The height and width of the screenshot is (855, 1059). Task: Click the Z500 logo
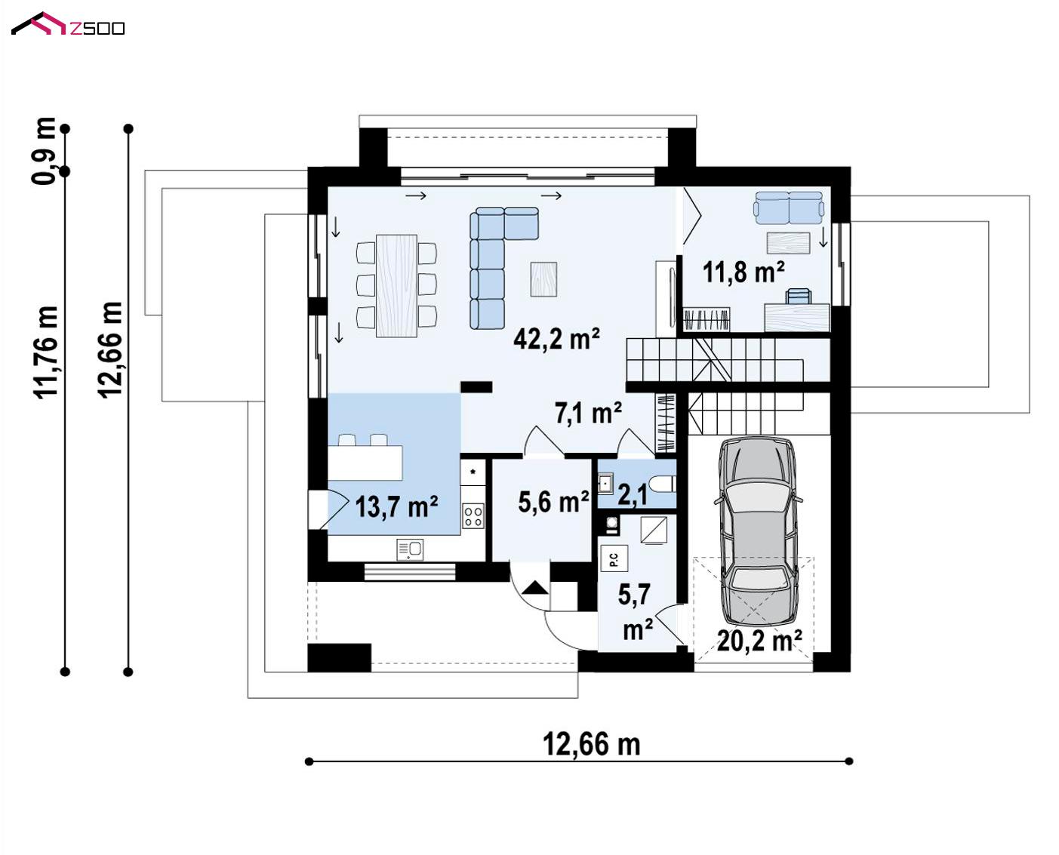(x=68, y=24)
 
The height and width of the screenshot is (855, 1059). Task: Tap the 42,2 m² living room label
(x=556, y=339)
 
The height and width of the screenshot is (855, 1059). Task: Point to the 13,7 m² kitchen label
(x=396, y=506)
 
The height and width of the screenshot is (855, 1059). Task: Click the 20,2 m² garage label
(x=759, y=641)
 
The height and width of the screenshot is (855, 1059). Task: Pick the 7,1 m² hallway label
(x=588, y=413)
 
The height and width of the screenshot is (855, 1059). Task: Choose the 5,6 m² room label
(x=553, y=501)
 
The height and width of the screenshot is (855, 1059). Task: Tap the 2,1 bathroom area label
(x=633, y=495)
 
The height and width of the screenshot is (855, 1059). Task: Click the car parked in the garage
(x=759, y=531)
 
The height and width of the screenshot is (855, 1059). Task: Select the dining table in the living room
(x=396, y=286)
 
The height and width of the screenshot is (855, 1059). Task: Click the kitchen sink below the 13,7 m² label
(x=410, y=550)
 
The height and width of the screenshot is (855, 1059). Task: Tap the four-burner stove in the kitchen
(x=473, y=516)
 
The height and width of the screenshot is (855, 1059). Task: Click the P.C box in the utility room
(x=614, y=558)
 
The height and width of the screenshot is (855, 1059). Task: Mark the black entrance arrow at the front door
(x=534, y=588)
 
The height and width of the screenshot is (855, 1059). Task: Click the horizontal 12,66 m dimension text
(x=591, y=743)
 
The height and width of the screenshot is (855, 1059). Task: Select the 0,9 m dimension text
(x=44, y=151)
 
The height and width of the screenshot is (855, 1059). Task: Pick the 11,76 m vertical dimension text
(x=46, y=352)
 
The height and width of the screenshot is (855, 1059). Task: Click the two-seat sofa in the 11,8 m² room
(x=789, y=208)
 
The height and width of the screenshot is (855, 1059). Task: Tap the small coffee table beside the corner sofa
(x=543, y=279)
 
